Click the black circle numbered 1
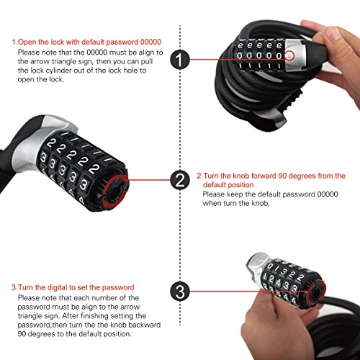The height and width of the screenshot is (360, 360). coord(180,59)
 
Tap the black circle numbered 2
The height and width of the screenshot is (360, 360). coord(180,180)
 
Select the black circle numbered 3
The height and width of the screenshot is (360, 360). coord(180,292)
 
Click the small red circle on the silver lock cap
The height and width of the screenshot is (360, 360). coord(289,55)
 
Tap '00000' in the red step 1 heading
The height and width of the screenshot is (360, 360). coord(150,42)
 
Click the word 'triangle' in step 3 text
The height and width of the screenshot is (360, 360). coord(30,316)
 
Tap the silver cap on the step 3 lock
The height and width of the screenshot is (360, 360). coord(257,264)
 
